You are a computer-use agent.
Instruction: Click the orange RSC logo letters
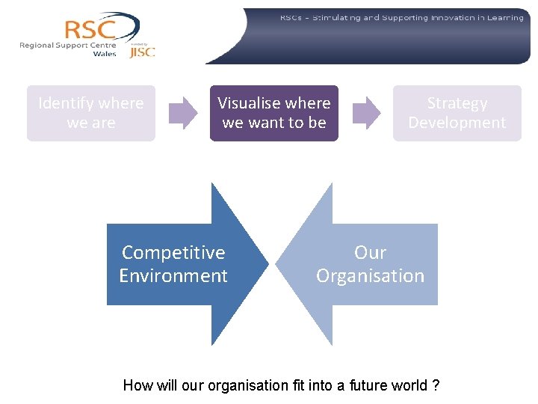(x=90, y=29)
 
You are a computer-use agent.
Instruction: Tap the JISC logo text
(x=142, y=52)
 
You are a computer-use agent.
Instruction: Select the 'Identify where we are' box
(x=91, y=113)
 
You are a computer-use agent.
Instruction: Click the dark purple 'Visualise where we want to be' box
(x=274, y=113)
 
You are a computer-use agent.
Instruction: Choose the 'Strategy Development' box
(x=457, y=113)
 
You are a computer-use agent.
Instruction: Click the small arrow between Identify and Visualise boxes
(x=184, y=113)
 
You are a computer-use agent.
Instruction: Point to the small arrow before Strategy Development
(x=366, y=113)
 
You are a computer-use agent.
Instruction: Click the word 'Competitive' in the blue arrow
(x=173, y=253)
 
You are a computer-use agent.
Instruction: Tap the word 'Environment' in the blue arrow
(x=173, y=276)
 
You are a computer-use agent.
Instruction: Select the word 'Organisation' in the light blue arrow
(x=370, y=276)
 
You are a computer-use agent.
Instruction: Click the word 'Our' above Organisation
(x=370, y=253)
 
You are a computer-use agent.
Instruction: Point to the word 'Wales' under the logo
(x=105, y=54)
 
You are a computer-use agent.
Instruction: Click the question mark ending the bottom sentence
(x=435, y=386)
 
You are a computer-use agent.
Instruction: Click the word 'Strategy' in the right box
(x=457, y=103)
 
